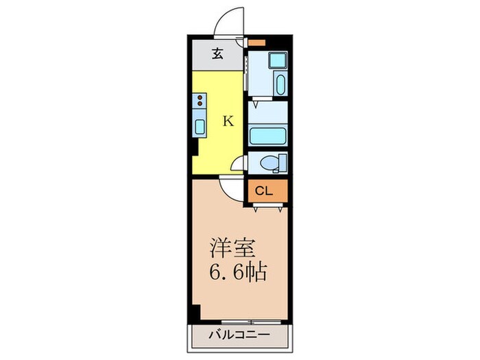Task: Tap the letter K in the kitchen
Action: [x=229, y=121]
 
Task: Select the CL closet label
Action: [x=265, y=191]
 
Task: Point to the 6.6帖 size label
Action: [x=237, y=272]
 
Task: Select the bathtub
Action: [x=267, y=134]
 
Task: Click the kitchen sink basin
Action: [x=200, y=125]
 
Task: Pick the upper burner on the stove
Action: [x=200, y=98]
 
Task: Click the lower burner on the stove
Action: [x=200, y=105]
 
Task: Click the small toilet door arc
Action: [x=237, y=163]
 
